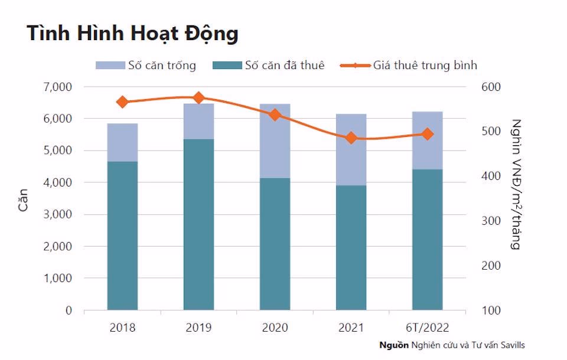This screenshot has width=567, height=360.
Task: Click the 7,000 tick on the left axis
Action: [x=57, y=87]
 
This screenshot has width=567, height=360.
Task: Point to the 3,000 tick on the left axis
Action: [x=57, y=214]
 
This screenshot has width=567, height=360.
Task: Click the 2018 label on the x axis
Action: [x=122, y=327]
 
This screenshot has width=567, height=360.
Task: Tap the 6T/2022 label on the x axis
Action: [x=428, y=327]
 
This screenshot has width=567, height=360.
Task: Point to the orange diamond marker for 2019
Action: [x=198, y=97]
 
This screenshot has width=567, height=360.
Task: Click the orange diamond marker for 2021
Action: [x=351, y=138]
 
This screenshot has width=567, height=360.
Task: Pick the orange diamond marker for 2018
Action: [x=122, y=102]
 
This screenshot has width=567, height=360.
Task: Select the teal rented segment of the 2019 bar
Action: [x=198, y=224]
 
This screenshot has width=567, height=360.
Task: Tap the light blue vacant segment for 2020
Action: [x=275, y=140]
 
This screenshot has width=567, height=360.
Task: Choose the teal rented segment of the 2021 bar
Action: [x=351, y=248]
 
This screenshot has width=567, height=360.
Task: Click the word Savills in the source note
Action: [x=511, y=345]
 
